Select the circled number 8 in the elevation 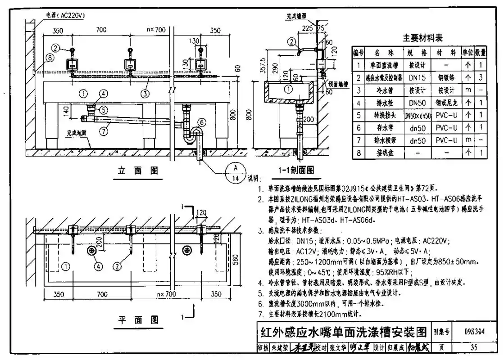click(50, 58)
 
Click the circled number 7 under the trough click(104, 132)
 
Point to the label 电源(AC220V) click(66, 15)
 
